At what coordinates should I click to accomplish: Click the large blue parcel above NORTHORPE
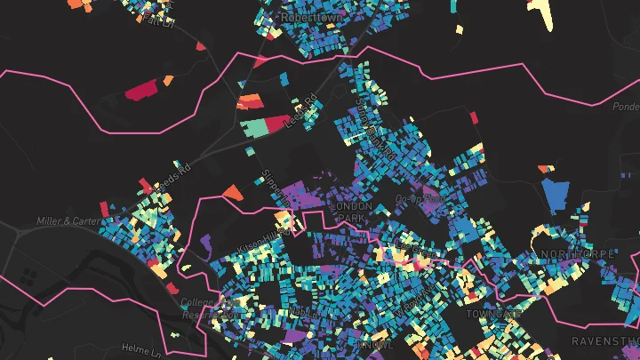pyautogui.click(x=556, y=194)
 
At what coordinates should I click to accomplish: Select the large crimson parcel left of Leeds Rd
pyautogui.click(x=140, y=89)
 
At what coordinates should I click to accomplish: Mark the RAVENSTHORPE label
pyautogui.click(x=604, y=340)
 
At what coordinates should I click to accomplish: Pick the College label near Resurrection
pyautogui.click(x=202, y=301)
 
